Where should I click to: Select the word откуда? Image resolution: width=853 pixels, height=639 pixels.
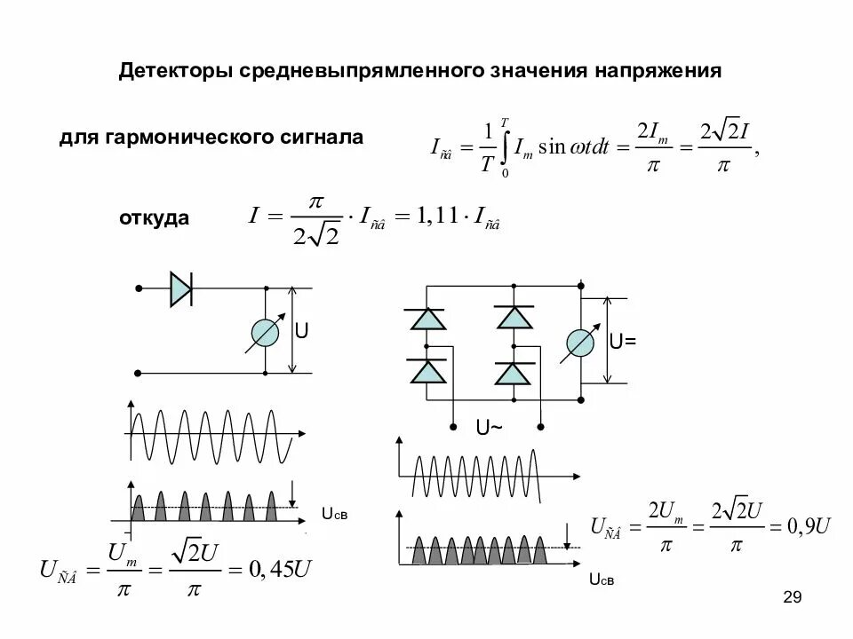click(x=154, y=217)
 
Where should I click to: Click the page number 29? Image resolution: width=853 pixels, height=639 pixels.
click(x=793, y=597)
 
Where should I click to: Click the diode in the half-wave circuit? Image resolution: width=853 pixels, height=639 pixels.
click(x=181, y=288)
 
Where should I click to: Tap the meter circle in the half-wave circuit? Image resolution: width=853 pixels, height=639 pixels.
click(x=266, y=332)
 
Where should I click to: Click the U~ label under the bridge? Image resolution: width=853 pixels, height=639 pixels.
click(x=489, y=428)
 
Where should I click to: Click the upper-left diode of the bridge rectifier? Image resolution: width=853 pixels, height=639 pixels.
click(x=426, y=318)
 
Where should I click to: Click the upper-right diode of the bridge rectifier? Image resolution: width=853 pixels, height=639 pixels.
click(x=513, y=317)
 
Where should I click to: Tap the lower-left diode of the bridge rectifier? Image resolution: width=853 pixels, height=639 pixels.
click(x=426, y=372)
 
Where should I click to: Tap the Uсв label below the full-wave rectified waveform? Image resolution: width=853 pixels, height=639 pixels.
click(x=602, y=580)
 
